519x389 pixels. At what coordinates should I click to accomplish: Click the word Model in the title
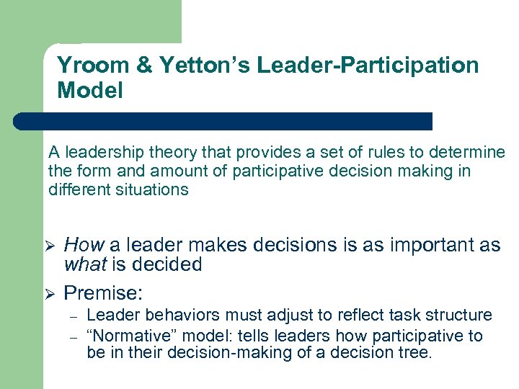point(89,91)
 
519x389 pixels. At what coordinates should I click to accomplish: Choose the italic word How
point(84,246)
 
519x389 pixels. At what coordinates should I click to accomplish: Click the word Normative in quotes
point(133,336)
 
